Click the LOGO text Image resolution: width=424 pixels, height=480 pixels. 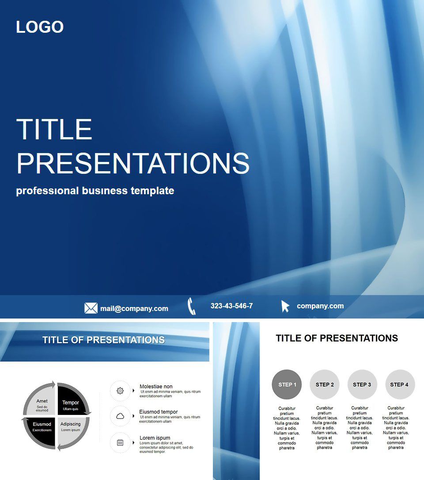(x=40, y=27)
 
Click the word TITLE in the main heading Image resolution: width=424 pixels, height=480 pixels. (x=54, y=129)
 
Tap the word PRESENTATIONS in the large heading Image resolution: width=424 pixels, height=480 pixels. (x=132, y=163)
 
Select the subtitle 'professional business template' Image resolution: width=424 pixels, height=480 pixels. (x=95, y=191)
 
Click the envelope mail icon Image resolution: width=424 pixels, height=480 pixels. (x=91, y=308)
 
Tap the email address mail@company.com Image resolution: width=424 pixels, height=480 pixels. (x=134, y=308)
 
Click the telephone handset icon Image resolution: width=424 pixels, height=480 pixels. (x=191, y=306)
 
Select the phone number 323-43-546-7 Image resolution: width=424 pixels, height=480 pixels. (x=231, y=306)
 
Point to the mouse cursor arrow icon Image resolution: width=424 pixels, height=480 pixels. (x=285, y=306)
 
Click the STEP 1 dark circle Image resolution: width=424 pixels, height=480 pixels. (x=287, y=384)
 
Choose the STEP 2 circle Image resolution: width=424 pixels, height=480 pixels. (x=325, y=384)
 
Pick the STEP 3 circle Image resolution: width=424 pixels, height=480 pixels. (x=362, y=384)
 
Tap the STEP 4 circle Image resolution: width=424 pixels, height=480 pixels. (x=400, y=384)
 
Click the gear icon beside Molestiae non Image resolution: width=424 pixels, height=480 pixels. (x=120, y=391)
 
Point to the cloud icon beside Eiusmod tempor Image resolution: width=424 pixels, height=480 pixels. (x=120, y=416)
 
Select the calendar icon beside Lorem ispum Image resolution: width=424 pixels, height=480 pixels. (x=120, y=442)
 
